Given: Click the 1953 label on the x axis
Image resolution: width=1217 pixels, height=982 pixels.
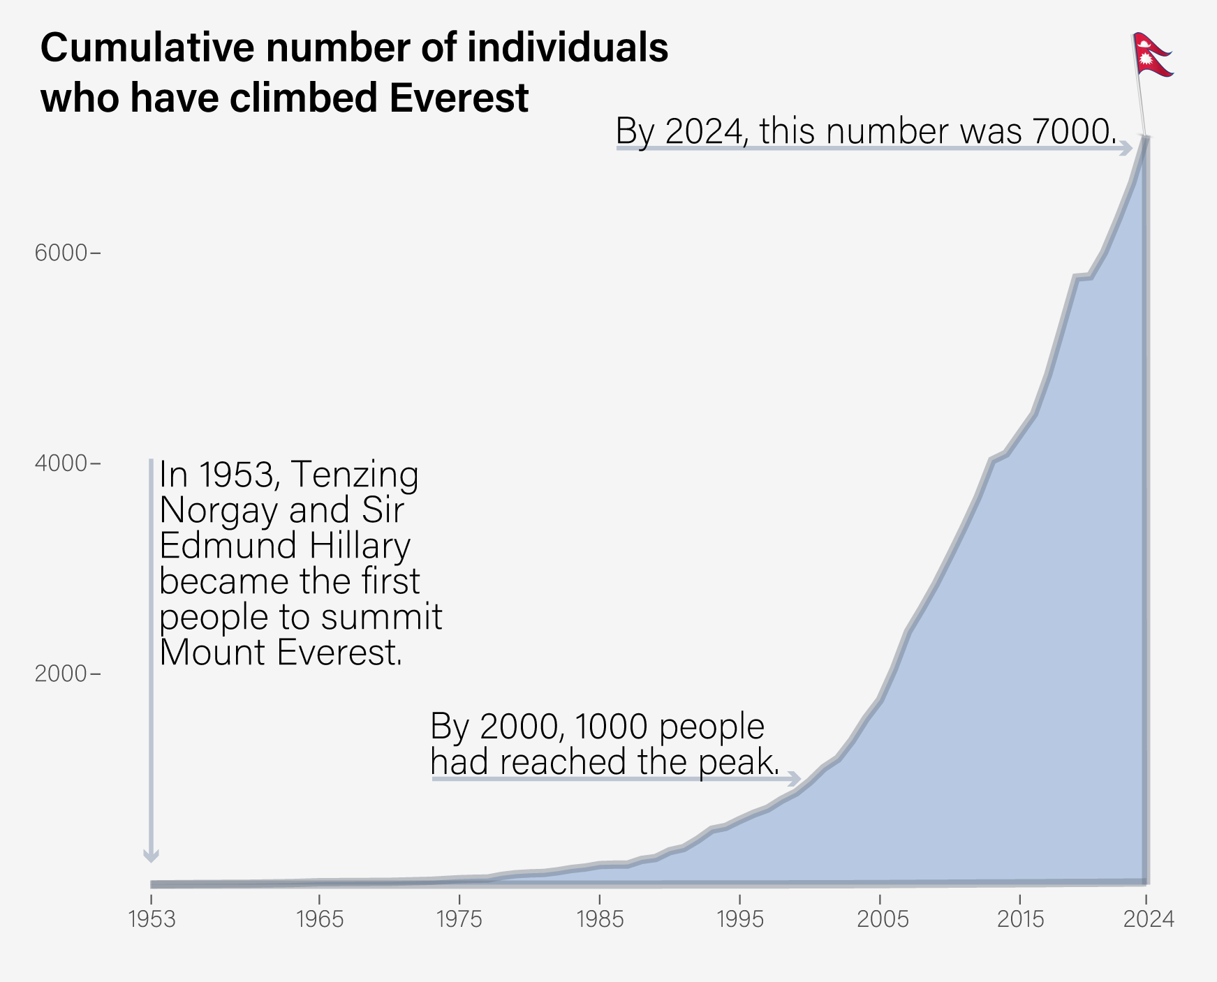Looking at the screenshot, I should coord(152,920).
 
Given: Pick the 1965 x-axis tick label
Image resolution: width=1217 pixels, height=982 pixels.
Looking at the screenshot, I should coord(319,920).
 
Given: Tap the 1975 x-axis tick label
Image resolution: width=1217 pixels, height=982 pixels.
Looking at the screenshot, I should coord(459,920).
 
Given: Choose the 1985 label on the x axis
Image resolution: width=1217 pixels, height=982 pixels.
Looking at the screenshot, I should coord(599,920).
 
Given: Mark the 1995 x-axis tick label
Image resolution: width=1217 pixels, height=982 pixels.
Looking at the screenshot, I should coord(739,920).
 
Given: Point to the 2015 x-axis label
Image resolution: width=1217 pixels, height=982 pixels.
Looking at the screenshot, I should coord(1020,920).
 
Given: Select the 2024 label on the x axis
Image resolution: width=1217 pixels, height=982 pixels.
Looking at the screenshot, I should coord(1148,920).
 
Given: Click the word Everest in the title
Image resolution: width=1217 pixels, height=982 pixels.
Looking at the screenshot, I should coord(459,98).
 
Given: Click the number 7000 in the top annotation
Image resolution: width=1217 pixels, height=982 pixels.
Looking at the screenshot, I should coord(1072,132).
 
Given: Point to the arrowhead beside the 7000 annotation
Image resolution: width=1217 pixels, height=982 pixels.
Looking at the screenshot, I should coord(1126,149).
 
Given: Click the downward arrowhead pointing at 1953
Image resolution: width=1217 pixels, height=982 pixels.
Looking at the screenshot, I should coord(151,856).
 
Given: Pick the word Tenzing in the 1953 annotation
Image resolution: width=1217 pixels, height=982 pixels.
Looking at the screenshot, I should coord(354,475).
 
